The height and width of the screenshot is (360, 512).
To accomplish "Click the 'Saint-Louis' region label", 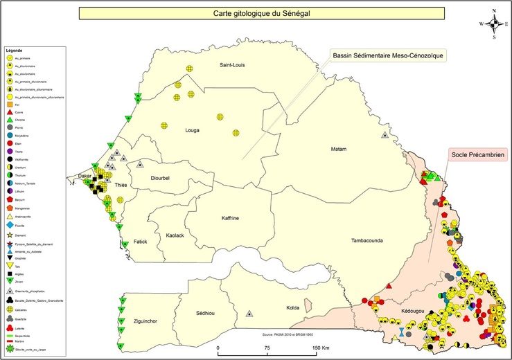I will pos(233,65).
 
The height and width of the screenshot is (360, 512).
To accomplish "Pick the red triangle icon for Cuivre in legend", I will pos(10,111).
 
